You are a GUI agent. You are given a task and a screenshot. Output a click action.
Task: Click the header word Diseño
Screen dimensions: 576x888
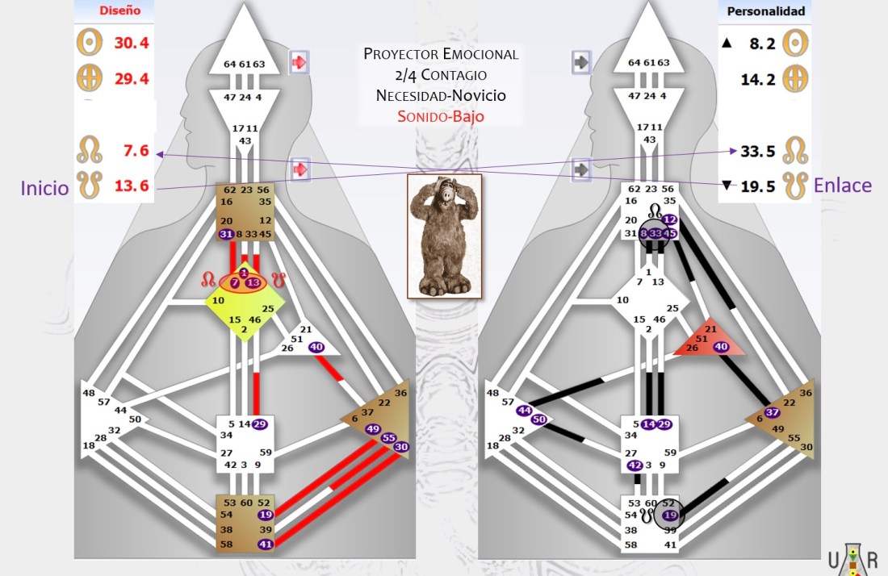tap(119, 11)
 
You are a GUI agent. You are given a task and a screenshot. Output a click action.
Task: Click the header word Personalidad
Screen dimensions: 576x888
tap(766, 11)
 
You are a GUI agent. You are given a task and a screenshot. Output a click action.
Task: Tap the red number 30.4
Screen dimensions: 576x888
tap(131, 43)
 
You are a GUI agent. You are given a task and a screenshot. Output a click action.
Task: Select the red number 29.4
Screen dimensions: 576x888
tap(131, 79)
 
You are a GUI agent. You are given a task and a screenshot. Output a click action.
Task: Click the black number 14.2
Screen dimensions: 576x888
tap(758, 79)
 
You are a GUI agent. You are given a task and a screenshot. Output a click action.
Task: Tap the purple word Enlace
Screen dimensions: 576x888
tap(843, 186)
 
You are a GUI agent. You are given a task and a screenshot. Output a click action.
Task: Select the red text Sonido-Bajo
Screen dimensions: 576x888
tap(441, 115)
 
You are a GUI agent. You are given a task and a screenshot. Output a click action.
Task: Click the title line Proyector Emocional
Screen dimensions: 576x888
tap(441, 55)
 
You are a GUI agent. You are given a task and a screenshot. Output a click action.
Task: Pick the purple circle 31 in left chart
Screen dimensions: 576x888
tap(226, 234)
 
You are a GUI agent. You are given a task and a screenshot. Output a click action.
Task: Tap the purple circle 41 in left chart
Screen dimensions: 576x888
tap(266, 545)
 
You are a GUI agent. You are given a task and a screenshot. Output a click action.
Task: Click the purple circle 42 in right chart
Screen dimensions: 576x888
tap(634, 465)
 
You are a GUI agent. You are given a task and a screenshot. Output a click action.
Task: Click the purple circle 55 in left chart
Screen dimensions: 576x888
tap(388, 437)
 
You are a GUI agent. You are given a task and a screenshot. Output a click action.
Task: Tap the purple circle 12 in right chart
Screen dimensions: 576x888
tap(669, 220)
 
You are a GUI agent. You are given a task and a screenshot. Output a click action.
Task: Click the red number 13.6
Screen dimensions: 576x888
tap(131, 186)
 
